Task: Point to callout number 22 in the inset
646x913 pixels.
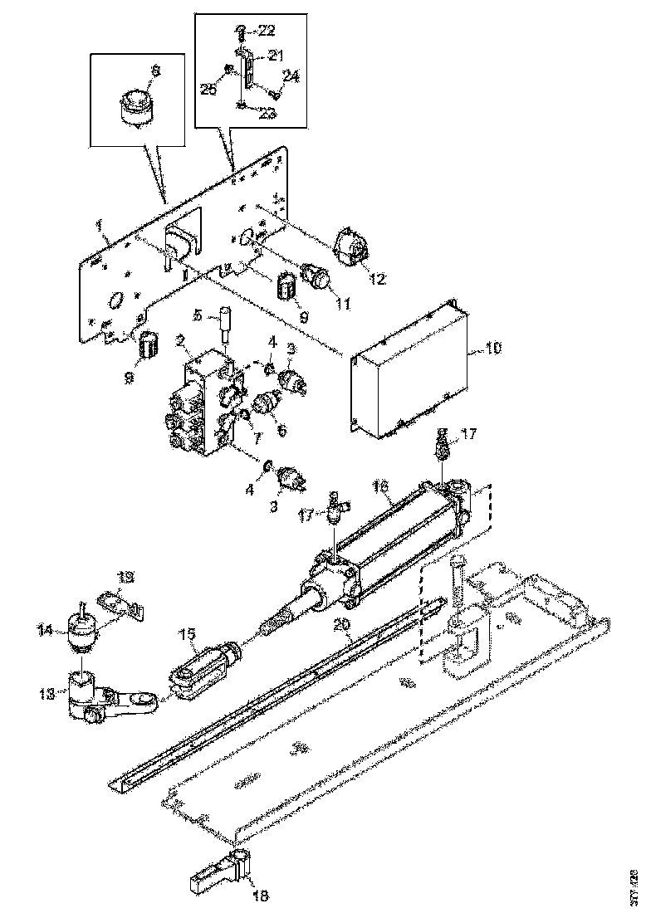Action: pos(267,31)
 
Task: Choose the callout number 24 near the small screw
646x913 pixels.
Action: pos(291,76)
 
